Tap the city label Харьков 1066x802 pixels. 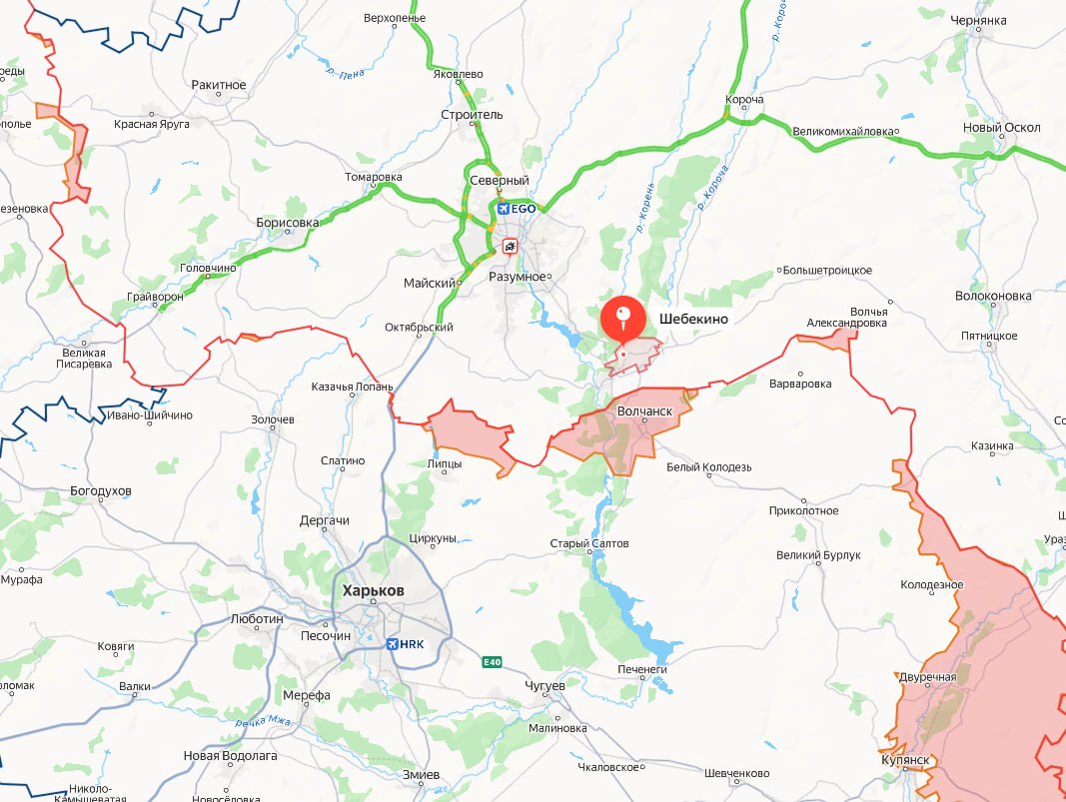(374, 590)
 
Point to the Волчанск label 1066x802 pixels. (643, 410)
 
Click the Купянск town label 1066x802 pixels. (906, 760)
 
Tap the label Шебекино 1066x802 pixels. (693, 319)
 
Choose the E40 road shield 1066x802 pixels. (491, 662)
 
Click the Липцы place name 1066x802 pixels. (444, 463)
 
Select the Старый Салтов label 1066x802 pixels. (589, 543)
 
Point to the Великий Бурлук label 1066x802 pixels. (818, 555)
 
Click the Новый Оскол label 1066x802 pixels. (1001, 128)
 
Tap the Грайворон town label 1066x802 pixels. (158, 298)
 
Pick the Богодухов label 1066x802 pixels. (101, 491)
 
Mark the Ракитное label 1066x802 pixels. (218, 85)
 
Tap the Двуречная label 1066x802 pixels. (927, 677)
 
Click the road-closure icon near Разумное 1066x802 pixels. (511, 245)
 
